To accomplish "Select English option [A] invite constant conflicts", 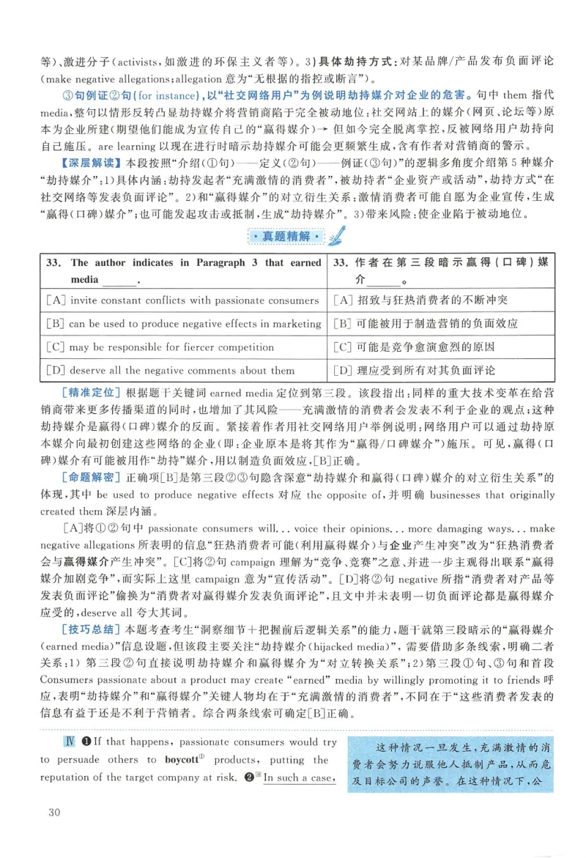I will click(182, 300).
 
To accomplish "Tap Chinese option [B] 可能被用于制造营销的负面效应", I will click(425, 323).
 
